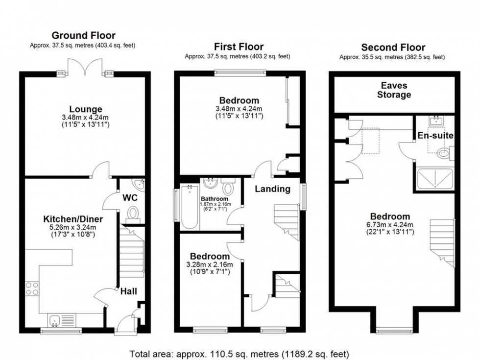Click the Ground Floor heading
(x=83, y=35)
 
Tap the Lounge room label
(x=85, y=109)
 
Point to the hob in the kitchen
(x=32, y=288)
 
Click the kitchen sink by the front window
(x=54, y=321)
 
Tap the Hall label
(x=129, y=291)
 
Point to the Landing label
(x=272, y=189)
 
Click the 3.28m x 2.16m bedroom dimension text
(x=210, y=265)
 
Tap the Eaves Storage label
(x=394, y=90)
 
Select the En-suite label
(x=435, y=135)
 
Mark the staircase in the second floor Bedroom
(x=442, y=243)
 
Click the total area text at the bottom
(x=239, y=353)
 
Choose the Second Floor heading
(x=393, y=48)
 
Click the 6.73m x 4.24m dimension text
(x=390, y=225)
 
